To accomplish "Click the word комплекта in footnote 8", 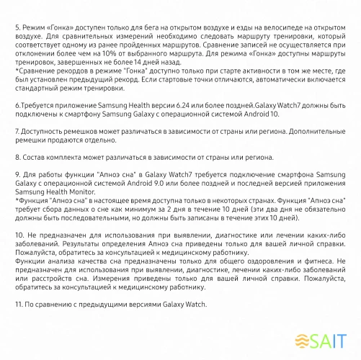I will click(62, 156).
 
